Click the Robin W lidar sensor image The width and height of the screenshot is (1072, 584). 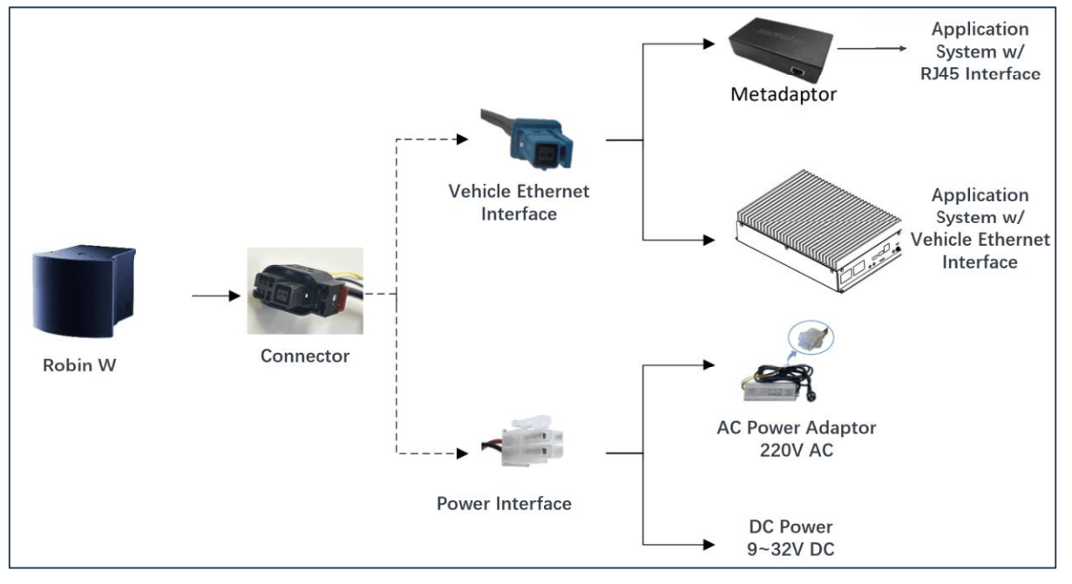[83, 295]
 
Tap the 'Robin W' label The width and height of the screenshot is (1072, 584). [79, 365]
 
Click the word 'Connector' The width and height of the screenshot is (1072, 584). [305, 356]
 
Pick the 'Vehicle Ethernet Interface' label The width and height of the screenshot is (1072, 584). [519, 201]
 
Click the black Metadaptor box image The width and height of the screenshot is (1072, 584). [779, 51]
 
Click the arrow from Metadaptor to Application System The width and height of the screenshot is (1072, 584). [872, 51]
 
